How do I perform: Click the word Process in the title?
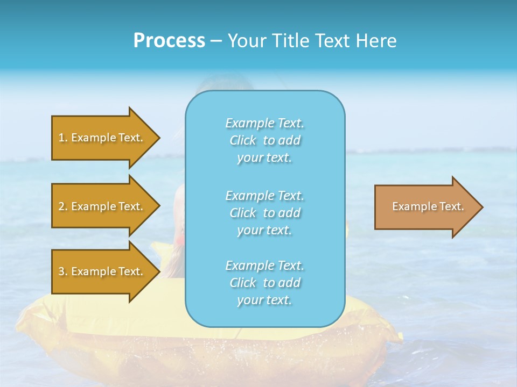tap(169, 41)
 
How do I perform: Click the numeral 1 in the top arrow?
tap(61, 138)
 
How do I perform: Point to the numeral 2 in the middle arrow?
tap(61, 206)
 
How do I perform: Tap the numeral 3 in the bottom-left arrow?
tap(61, 271)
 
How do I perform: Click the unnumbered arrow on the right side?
tap(425, 207)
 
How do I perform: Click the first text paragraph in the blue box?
tap(264, 140)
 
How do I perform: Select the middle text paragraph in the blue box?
tap(264, 213)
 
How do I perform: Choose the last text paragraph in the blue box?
tap(264, 283)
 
